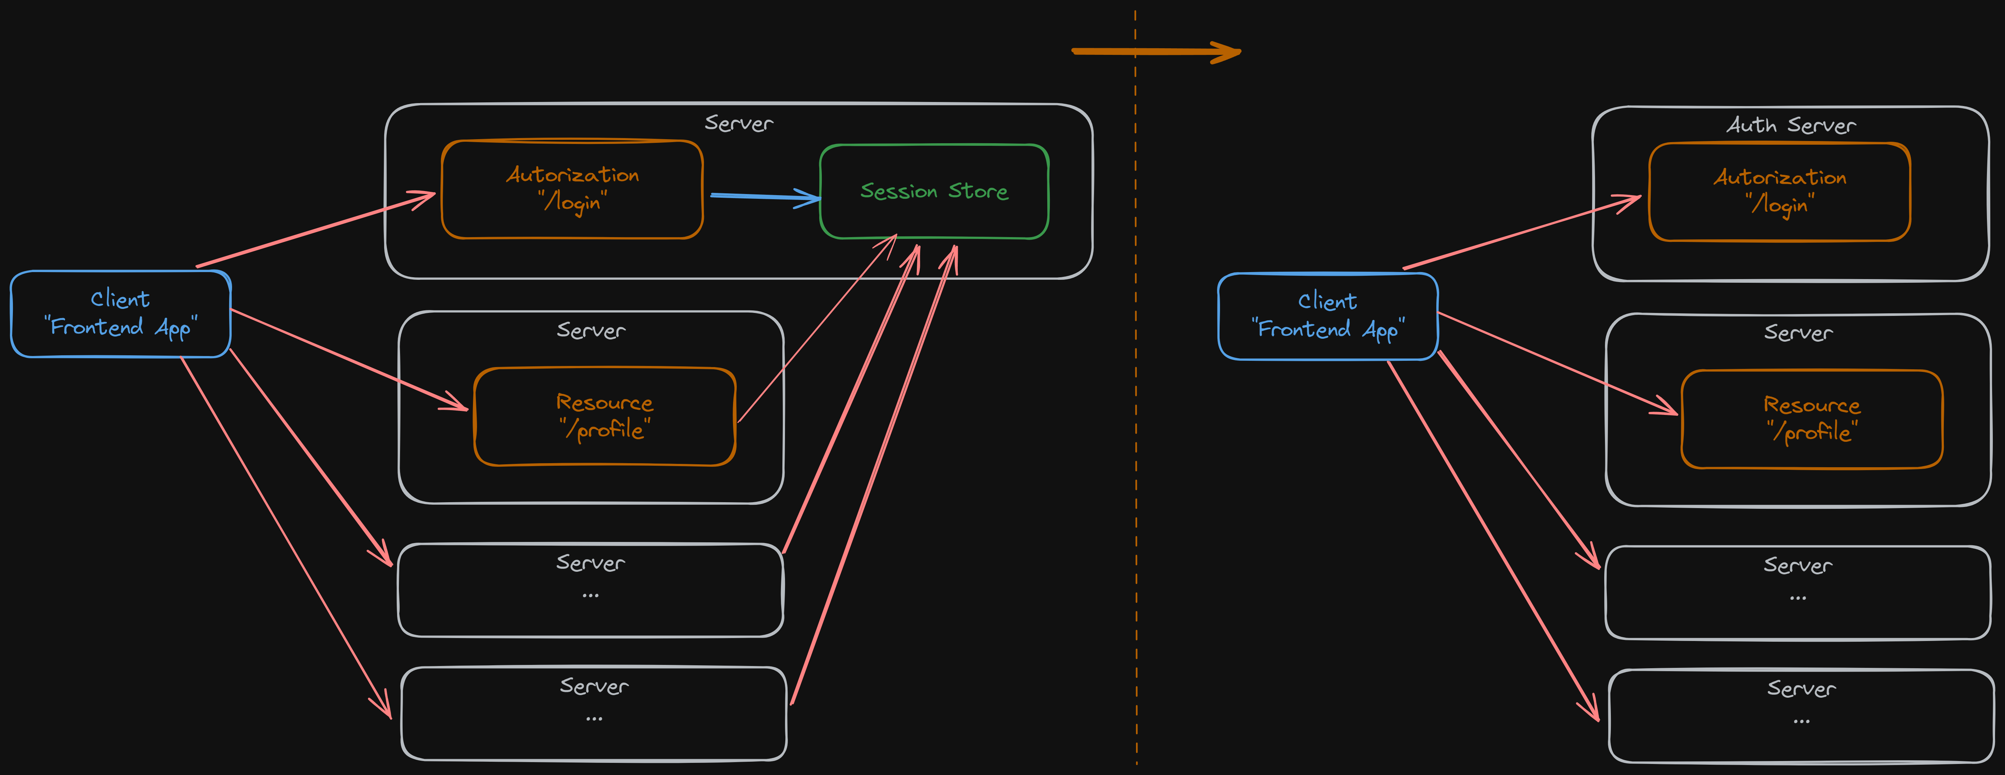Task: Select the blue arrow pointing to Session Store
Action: pos(763,196)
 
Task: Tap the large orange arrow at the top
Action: pos(1156,52)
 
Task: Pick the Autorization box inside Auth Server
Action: pos(1779,226)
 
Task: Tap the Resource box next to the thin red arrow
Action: pos(605,451)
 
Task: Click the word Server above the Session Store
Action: pos(739,123)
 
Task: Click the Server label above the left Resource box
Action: pos(591,331)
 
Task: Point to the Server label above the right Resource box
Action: pos(1798,333)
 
